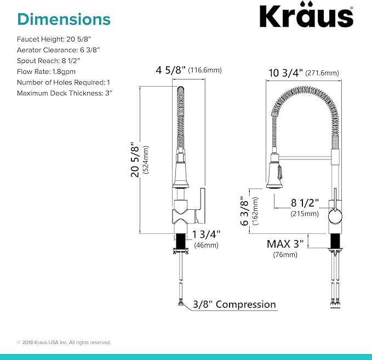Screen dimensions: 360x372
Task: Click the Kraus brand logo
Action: pos(306,17)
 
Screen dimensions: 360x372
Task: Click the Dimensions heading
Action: pos(64,19)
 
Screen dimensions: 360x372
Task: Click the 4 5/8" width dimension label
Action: pos(170,71)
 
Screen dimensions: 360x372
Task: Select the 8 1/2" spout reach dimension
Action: pos(304,203)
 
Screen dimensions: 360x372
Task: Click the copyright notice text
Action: pos(64,342)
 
